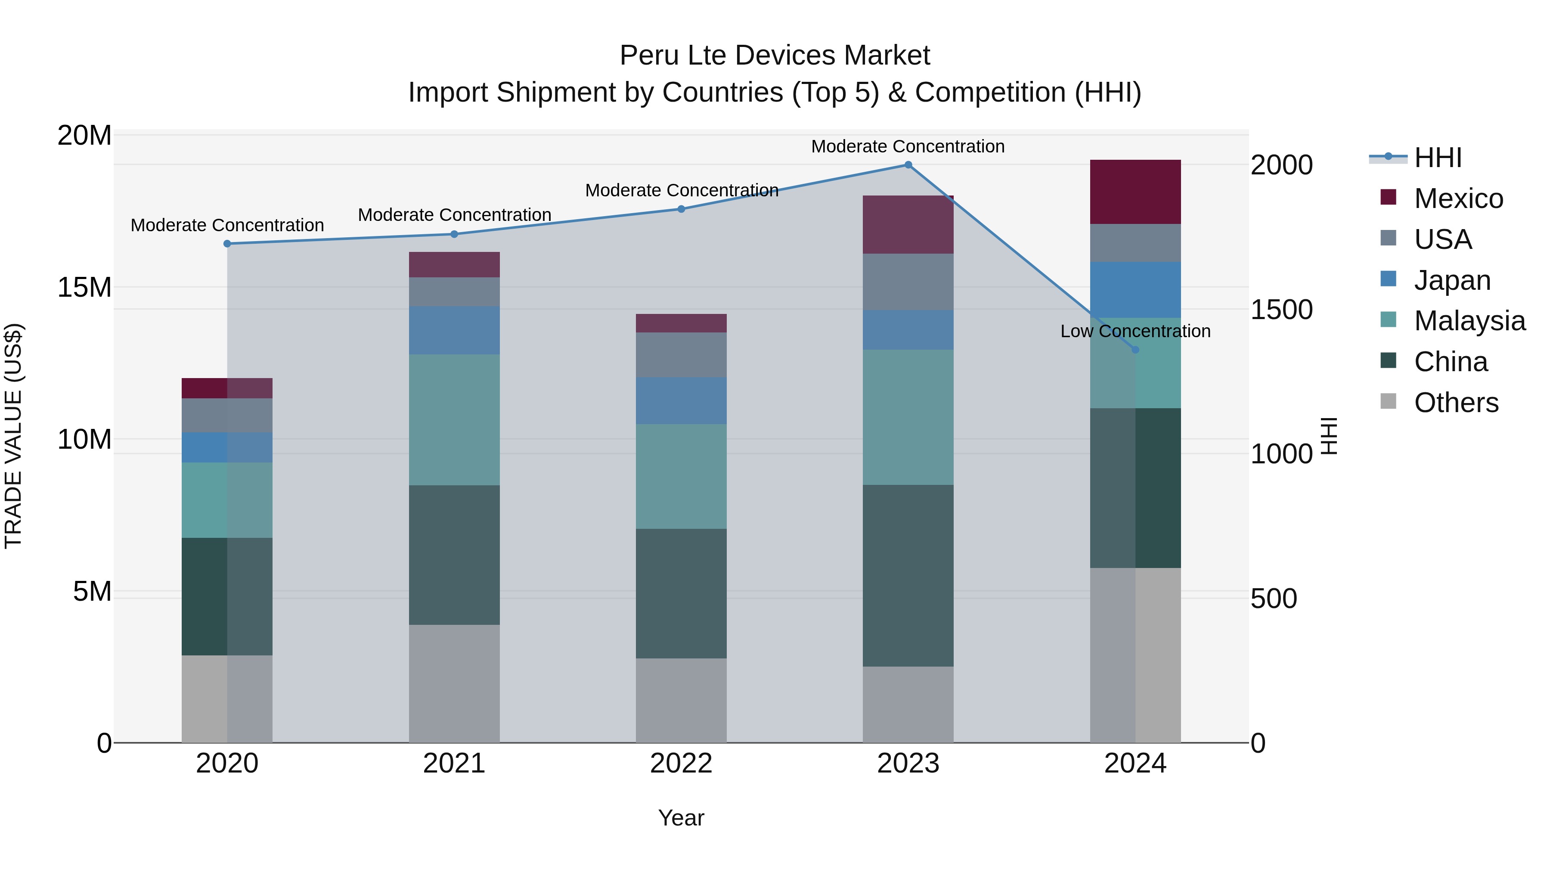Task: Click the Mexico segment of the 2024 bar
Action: pos(1135,192)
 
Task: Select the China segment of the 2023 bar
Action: pos(908,575)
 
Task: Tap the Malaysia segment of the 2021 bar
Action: pos(454,419)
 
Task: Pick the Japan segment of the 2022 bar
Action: pos(681,401)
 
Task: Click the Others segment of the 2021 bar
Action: pos(454,684)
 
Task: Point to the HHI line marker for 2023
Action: pos(908,165)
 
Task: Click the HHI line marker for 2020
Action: pos(227,244)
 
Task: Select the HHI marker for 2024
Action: pos(1135,350)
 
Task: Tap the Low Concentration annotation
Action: pos(1135,331)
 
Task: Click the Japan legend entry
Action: pos(1451,280)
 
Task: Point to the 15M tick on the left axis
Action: pos(84,288)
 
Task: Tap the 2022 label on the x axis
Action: pos(681,763)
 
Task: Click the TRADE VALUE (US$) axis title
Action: pos(14,436)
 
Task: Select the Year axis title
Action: pos(681,818)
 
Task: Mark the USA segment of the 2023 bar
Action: pos(908,282)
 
